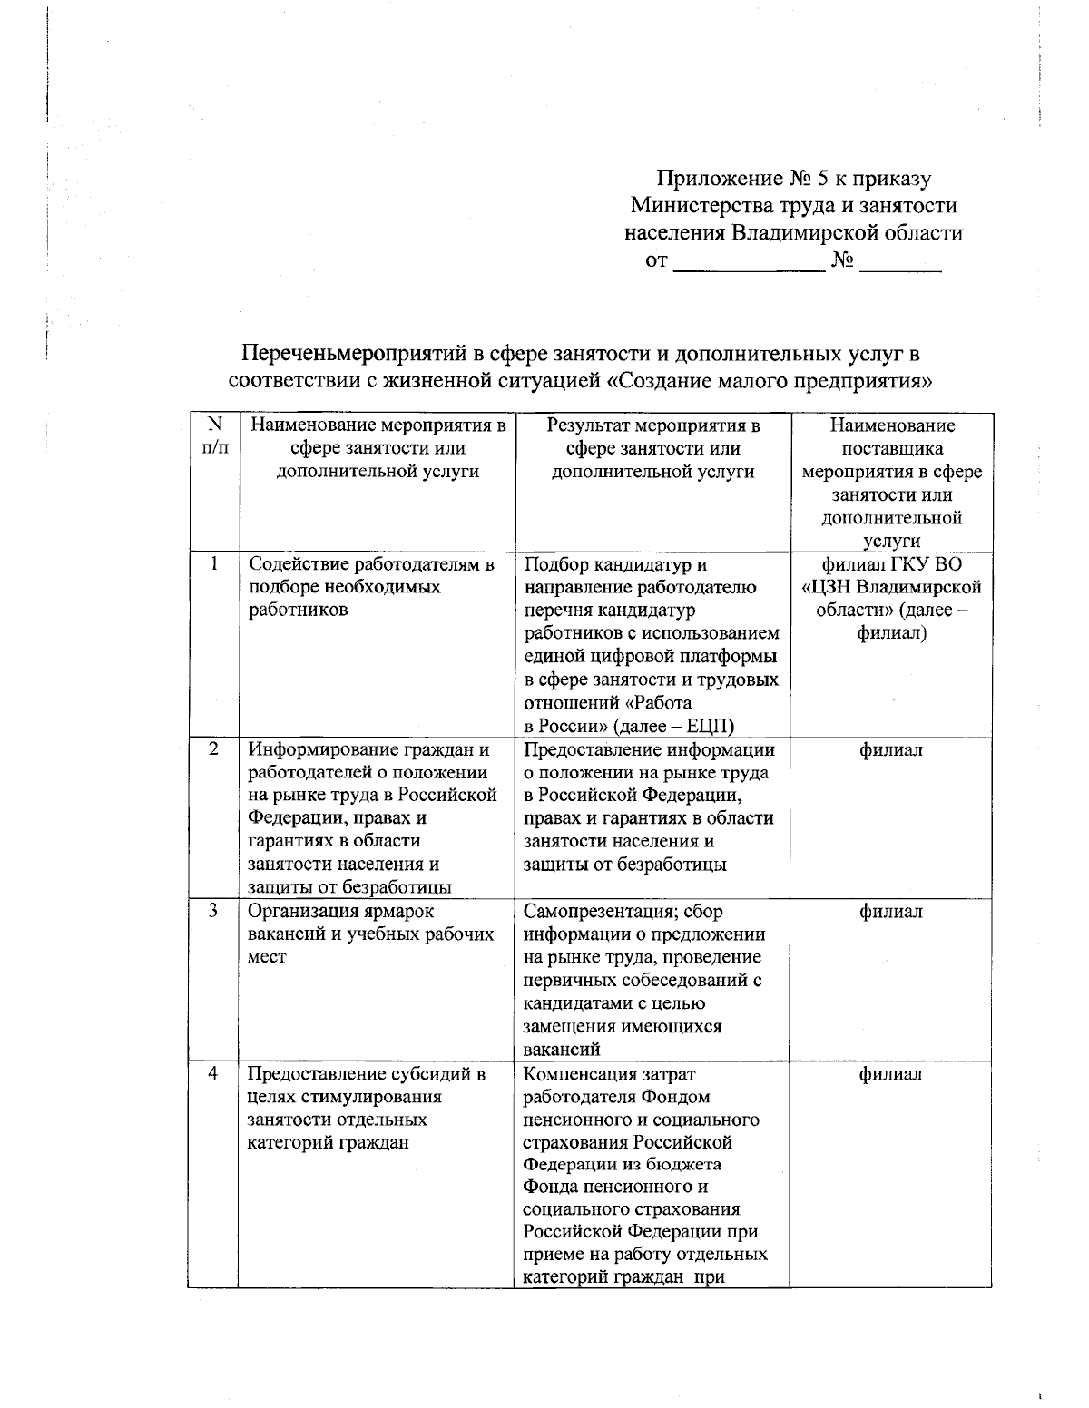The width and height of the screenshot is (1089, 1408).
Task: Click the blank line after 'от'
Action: [747, 264]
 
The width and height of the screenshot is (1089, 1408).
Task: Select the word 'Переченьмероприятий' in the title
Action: [355, 353]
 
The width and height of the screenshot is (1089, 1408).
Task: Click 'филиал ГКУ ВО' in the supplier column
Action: [891, 564]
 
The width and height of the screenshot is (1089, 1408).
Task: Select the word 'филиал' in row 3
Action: [891, 912]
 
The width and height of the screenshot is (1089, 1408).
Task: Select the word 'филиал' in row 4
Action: [891, 1074]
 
